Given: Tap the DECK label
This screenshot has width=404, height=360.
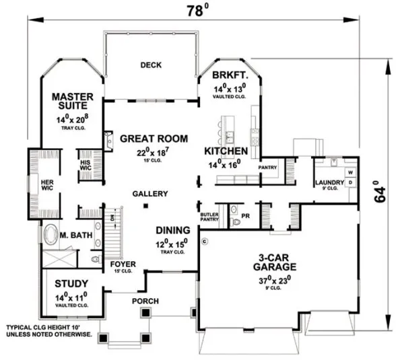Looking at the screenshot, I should point(150,65).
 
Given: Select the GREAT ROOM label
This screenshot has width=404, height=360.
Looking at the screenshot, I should point(150,139).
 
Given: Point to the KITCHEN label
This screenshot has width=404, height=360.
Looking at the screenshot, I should point(227,150).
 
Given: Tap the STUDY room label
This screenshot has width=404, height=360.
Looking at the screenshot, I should point(71,283).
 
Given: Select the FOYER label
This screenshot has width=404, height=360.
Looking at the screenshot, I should point(123,264).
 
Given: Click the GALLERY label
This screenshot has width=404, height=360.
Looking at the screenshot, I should point(149,194).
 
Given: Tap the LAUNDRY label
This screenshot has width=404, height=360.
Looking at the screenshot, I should point(329,183).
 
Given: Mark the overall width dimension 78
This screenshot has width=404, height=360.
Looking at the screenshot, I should point(194,11).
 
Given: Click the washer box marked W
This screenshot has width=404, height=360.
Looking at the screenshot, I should point(349,172).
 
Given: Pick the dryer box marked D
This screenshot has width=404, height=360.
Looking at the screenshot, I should point(349,183).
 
